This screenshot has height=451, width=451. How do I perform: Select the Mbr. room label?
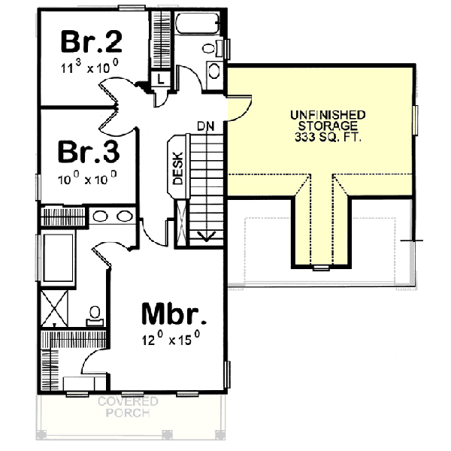174,313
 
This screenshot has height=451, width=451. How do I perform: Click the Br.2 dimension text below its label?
89,68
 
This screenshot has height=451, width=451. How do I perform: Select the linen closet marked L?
161,77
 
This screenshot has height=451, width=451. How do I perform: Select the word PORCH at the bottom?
128,413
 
